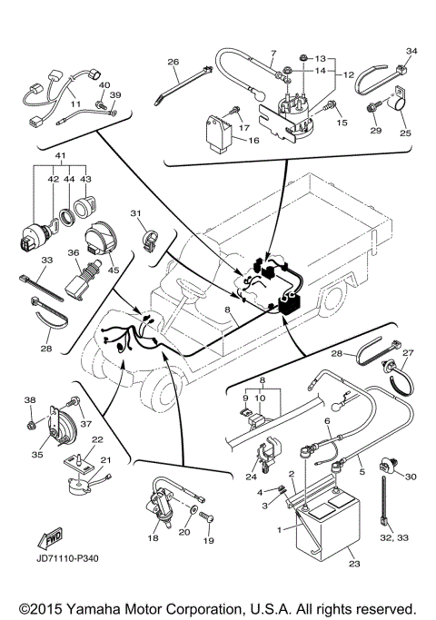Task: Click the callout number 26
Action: pos(173,62)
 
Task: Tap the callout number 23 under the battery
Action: pos(353,565)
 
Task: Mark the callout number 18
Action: pos(153,538)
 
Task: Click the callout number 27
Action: pos(408,353)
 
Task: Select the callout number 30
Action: pos(410,477)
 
